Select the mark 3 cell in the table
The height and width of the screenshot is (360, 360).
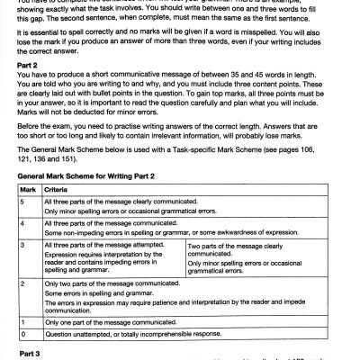(24, 246)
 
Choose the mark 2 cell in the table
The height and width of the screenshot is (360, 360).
(24, 283)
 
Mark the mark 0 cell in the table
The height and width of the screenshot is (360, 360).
(24, 331)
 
